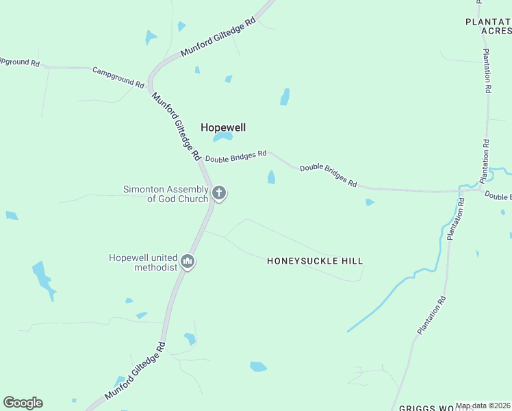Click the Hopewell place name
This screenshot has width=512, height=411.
[x=222, y=127]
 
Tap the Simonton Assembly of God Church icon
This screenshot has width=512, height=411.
[x=219, y=193]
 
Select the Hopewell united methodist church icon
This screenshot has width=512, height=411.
[x=188, y=262]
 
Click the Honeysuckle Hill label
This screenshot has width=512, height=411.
[x=314, y=261]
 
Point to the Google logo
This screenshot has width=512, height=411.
[x=23, y=403]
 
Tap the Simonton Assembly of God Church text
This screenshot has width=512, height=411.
[x=165, y=194]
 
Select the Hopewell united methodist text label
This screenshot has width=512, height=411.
[x=142, y=262]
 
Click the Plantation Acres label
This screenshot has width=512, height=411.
[x=488, y=26]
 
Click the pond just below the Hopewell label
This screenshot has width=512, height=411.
[x=222, y=138]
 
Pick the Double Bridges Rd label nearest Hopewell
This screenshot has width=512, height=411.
[x=235, y=157]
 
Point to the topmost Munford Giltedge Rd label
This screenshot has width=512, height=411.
[x=218, y=37]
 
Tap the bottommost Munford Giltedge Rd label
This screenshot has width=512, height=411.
[x=135, y=372]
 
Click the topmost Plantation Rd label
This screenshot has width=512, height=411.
[x=487, y=71]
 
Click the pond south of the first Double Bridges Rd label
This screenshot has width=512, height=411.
[x=272, y=177]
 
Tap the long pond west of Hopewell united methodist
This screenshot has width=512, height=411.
[x=42, y=279]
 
